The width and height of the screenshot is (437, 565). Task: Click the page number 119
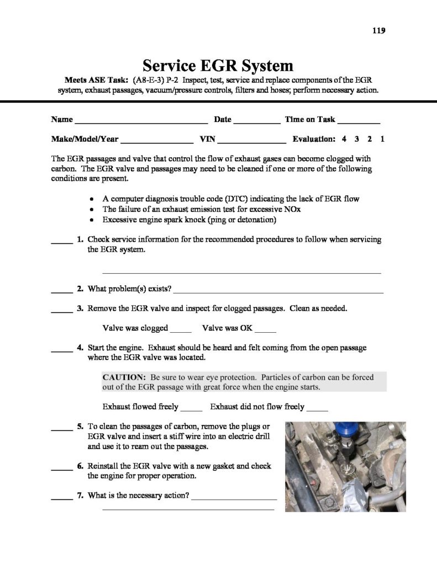tap(377, 30)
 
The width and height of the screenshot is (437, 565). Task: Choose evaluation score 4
tap(344, 139)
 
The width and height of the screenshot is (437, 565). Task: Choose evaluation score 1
tap(382, 139)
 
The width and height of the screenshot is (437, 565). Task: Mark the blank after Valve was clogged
tap(180, 331)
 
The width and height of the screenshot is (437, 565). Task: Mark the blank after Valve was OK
tap(265, 331)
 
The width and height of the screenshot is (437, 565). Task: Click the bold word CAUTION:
tap(124, 377)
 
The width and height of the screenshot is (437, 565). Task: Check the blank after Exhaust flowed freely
tap(192, 409)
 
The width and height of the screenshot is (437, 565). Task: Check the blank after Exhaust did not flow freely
tap(317, 409)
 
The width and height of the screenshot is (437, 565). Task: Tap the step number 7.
tap(80, 495)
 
